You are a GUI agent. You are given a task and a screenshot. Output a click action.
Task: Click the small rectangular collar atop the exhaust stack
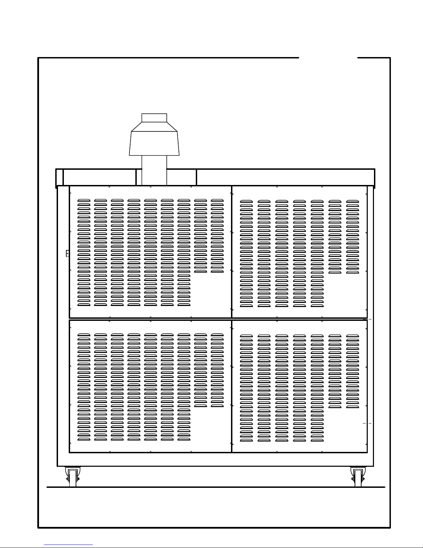(154, 118)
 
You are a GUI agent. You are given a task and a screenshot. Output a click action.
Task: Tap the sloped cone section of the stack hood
(154, 127)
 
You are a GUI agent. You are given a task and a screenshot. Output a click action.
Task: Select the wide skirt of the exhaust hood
(154, 143)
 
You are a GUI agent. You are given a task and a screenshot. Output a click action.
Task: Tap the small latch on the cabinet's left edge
(67, 253)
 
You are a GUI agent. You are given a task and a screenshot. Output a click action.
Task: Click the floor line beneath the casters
(216, 487)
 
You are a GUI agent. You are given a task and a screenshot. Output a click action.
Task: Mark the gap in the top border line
(328, 58)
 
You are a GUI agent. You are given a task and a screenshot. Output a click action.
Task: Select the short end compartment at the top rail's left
(59, 177)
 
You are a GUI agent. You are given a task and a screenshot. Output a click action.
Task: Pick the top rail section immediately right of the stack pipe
(182, 177)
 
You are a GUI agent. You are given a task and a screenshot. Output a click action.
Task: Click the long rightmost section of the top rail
(285, 177)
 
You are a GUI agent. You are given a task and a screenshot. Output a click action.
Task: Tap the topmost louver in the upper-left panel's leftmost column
(84, 200)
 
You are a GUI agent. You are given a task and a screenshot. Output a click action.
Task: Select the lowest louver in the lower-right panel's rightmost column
(353, 407)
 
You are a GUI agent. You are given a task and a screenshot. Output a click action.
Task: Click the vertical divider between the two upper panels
(232, 252)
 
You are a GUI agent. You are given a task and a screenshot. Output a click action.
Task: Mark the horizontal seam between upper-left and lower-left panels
(150, 319)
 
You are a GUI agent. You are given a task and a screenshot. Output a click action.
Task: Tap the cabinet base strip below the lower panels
(216, 459)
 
